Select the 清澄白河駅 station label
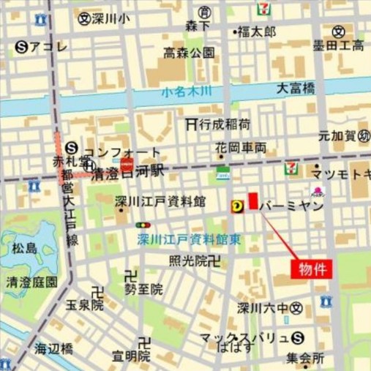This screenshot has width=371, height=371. pos(130,175)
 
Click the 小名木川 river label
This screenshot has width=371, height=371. pos(187,91)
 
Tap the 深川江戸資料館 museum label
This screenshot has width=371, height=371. pos(160,201)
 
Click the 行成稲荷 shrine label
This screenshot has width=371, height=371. pos(224,124)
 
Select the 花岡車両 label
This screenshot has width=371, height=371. pos(241,147)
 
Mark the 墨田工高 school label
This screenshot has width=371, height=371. pos(338,46)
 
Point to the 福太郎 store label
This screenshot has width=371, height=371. pos(258,31)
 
